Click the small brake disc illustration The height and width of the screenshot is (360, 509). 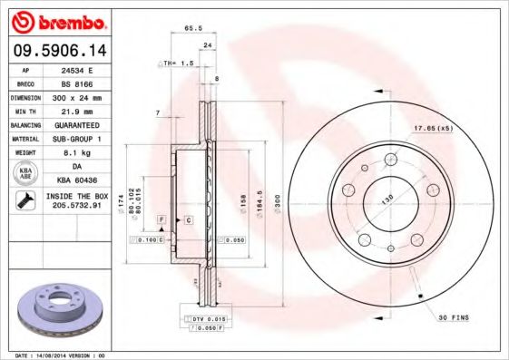[x=56, y=308]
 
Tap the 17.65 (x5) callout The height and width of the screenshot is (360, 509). [x=433, y=128]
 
